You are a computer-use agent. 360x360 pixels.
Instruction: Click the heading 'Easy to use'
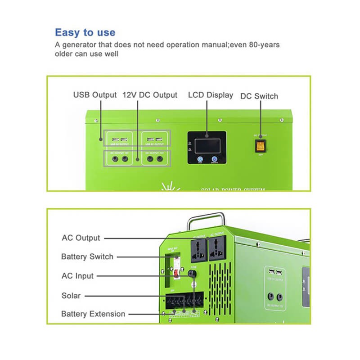tap(85, 32)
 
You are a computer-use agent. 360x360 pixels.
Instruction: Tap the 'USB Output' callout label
tap(95, 95)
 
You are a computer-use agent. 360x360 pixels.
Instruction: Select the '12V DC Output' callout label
tap(150, 95)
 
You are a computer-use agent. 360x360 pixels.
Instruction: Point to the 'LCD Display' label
tap(211, 95)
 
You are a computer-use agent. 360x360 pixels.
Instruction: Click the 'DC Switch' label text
tap(259, 96)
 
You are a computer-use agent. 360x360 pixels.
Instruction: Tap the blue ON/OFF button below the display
tap(214, 159)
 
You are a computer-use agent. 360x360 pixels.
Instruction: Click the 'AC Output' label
tap(81, 238)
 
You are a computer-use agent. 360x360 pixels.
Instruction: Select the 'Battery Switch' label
tap(87, 256)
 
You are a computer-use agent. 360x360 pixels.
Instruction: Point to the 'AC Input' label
tap(77, 276)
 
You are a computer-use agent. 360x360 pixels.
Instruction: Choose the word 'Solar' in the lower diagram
tap(71, 296)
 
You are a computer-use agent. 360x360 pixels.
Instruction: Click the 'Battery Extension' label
tap(93, 314)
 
